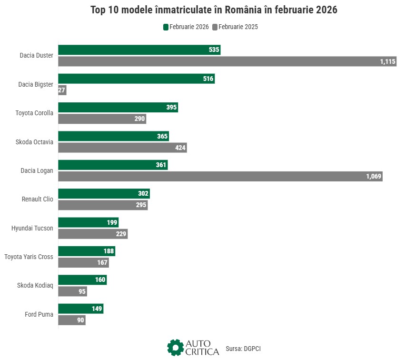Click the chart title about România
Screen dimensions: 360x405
click(214, 10)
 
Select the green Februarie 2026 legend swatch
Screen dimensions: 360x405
click(166, 27)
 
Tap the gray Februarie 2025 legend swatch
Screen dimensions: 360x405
click(215, 27)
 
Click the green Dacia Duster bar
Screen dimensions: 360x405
click(139, 50)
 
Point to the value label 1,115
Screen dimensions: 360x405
click(387, 61)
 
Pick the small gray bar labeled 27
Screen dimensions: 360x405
click(62, 90)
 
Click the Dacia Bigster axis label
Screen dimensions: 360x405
click(36, 84)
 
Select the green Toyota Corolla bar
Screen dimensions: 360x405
click(118, 107)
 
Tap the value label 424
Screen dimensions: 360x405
click(180, 148)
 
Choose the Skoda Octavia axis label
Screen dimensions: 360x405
click(34, 142)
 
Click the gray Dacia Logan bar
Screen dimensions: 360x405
click(220, 176)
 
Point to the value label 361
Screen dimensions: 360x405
click(161, 165)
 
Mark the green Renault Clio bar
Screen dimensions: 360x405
click(104, 193)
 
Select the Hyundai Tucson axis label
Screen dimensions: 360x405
click(32, 228)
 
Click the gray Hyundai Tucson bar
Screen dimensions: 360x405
click(93, 234)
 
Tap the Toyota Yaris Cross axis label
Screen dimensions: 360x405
click(29, 257)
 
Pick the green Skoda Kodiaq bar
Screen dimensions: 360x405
click(82, 280)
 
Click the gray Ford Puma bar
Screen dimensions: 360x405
click(71, 320)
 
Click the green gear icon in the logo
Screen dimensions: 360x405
click(175, 347)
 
